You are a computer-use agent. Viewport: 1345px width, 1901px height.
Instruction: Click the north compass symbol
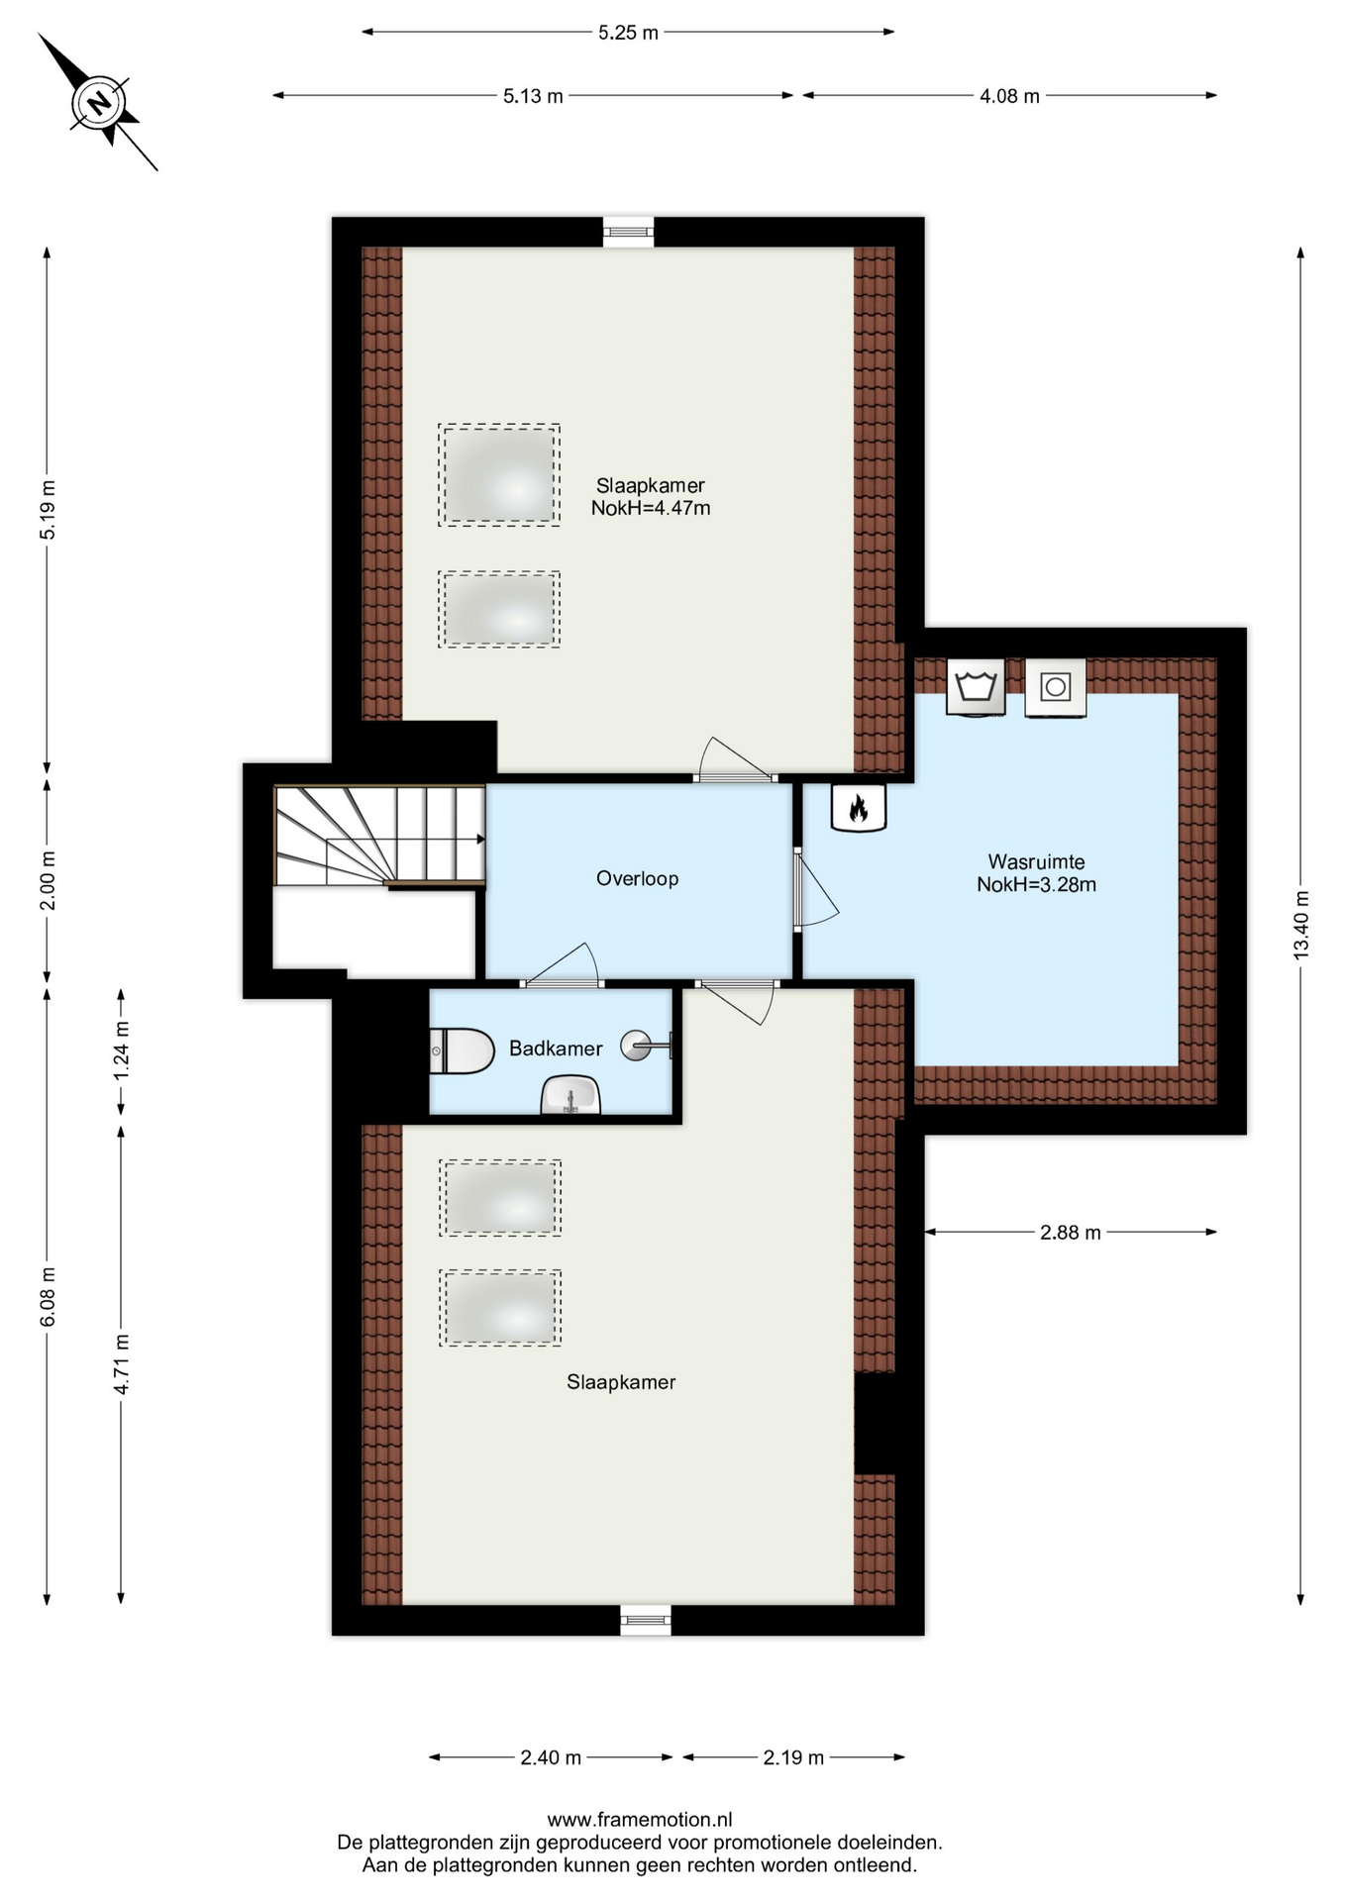pyautogui.click(x=98, y=102)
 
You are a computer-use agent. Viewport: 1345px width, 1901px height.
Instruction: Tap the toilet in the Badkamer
pyautogui.click(x=462, y=1051)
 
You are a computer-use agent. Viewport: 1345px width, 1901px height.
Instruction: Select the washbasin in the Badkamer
pyautogui.click(x=570, y=1096)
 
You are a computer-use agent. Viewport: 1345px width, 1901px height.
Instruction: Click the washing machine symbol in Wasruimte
pyautogui.click(x=976, y=686)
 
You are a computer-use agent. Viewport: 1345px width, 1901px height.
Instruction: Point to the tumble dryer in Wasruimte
pyautogui.click(x=1056, y=687)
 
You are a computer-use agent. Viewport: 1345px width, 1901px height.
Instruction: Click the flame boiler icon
pyautogui.click(x=858, y=808)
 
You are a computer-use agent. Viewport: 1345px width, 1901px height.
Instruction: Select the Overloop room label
pyautogui.click(x=637, y=878)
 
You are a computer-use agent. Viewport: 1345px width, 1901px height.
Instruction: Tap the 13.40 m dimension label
pyautogui.click(x=1301, y=925)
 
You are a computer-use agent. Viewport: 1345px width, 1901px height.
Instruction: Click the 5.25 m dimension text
pyautogui.click(x=628, y=33)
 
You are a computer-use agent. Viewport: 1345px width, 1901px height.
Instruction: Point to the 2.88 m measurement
pyautogui.click(x=1070, y=1233)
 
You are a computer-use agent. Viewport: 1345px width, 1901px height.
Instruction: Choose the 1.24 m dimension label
pyautogui.click(x=121, y=1050)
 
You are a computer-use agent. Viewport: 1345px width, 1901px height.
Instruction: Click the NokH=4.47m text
pyautogui.click(x=651, y=508)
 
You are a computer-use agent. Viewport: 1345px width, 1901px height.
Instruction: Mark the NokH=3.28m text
pyautogui.click(x=1036, y=885)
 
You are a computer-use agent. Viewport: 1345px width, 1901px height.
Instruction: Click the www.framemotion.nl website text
pyautogui.click(x=640, y=1819)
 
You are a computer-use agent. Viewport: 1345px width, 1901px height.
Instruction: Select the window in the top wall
pyautogui.click(x=629, y=233)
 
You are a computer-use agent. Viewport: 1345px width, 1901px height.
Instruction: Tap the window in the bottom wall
pyautogui.click(x=646, y=1620)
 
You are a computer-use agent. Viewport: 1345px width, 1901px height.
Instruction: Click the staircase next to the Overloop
pyautogui.click(x=379, y=835)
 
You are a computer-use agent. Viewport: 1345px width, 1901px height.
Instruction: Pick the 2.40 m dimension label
pyautogui.click(x=551, y=1757)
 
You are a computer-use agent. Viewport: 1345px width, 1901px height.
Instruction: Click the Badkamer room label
pyautogui.click(x=556, y=1049)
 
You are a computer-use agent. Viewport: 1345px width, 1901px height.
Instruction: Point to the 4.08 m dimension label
pyautogui.click(x=1009, y=96)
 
